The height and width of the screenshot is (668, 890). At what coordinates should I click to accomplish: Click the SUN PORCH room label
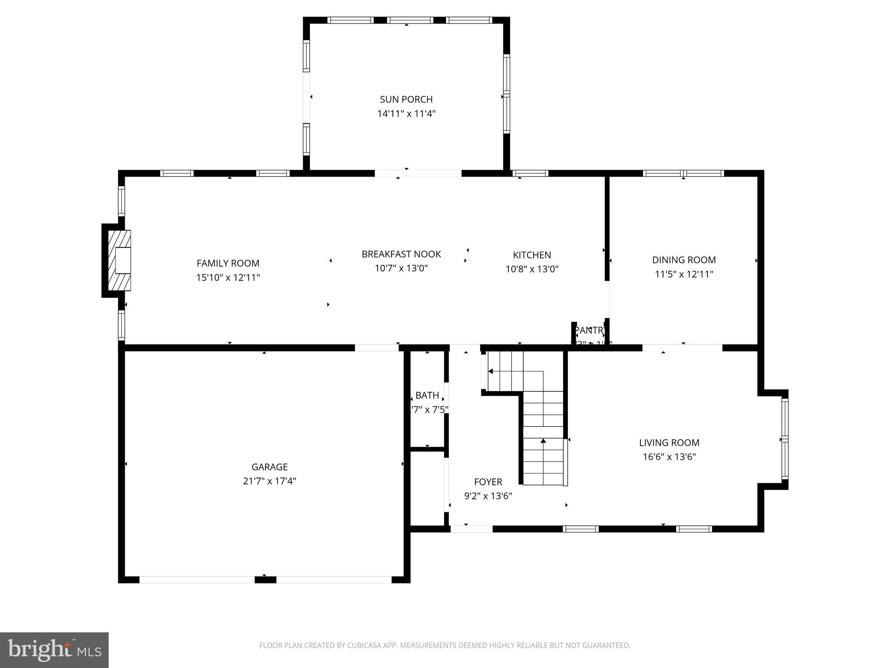[406, 100]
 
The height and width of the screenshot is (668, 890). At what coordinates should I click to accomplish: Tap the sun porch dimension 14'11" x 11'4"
[406, 114]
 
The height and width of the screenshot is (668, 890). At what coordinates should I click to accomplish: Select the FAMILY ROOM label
[228, 263]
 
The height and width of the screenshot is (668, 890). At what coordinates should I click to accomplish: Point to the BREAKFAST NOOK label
[401, 254]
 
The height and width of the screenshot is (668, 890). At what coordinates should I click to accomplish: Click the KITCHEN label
[532, 255]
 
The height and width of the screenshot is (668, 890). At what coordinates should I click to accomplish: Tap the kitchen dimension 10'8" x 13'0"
[532, 269]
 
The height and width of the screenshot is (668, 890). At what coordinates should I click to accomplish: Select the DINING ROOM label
[684, 260]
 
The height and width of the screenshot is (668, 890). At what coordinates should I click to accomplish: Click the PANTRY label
[589, 331]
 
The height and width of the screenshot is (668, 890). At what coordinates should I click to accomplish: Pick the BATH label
[427, 395]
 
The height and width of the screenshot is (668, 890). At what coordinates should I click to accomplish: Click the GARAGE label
[269, 467]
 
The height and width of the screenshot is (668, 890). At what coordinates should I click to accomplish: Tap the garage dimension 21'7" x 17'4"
[269, 481]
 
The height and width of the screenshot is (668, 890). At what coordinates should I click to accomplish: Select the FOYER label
[488, 482]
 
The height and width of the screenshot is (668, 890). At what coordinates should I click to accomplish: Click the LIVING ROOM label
[669, 443]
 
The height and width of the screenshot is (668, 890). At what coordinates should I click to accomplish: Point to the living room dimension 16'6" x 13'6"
[669, 457]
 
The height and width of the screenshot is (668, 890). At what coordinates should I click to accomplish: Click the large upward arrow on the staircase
[543, 441]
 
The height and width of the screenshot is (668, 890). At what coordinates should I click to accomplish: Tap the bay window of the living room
[785, 439]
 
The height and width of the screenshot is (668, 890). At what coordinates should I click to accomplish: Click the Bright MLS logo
[54, 650]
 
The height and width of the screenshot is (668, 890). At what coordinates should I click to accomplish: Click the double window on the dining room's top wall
[683, 173]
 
